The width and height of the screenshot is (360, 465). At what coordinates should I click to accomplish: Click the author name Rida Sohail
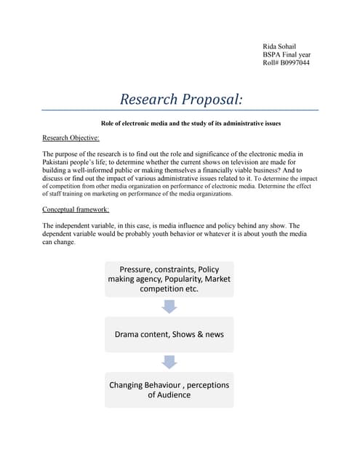pyautogui.click(x=280, y=46)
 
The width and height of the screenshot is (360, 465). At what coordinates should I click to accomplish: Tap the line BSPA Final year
pyautogui.click(x=287, y=54)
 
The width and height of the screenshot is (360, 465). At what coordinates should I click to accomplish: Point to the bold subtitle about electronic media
pyautogui.click(x=190, y=124)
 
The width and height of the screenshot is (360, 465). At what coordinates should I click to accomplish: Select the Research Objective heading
pyautogui.click(x=71, y=137)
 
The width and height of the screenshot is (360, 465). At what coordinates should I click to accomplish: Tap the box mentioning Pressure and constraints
pyautogui.click(x=169, y=279)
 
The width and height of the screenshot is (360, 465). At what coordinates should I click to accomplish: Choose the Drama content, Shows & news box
pyautogui.click(x=169, y=334)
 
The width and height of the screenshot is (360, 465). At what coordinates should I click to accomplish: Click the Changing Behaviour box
pyautogui.click(x=169, y=389)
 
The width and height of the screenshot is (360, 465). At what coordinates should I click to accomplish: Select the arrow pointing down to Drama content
pyautogui.click(x=169, y=307)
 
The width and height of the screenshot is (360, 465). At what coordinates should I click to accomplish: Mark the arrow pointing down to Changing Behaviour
pyautogui.click(x=169, y=362)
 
